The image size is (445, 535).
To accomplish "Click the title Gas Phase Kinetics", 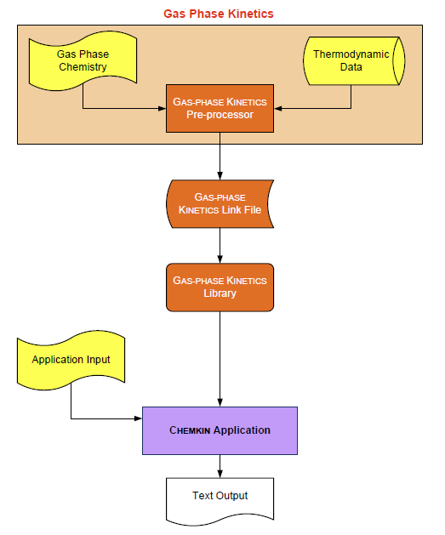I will point(219,14).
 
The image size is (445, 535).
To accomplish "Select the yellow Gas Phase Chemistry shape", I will point(83,62).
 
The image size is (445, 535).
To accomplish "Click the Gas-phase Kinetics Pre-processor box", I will point(220,108).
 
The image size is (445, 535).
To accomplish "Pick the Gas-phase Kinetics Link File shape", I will point(220,203).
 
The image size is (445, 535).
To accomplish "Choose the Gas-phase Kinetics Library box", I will point(220,287).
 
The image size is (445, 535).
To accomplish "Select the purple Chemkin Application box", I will point(220,430).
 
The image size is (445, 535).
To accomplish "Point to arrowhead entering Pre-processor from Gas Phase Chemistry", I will point(162,108).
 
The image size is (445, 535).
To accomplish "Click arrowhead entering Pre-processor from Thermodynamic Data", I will point(278,108).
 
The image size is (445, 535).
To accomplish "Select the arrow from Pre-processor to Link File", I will point(220,156).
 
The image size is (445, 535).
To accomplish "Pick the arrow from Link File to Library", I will point(220,246).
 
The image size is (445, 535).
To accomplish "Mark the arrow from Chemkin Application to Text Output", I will point(220,464).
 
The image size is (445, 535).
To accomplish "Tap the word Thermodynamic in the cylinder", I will point(351,54).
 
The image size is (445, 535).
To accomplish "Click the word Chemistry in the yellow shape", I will point(83,68).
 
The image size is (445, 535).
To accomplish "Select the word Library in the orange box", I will point(220,293).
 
